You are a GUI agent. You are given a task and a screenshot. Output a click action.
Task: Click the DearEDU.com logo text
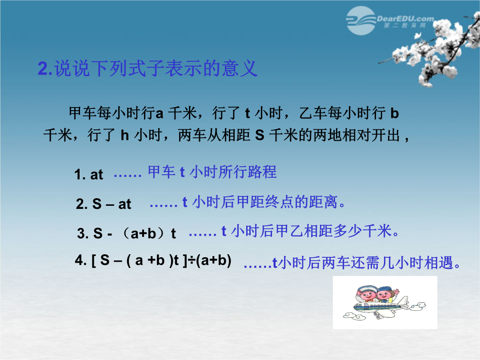pos(405,19)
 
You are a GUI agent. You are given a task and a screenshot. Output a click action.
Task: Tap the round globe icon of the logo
pos(361,20)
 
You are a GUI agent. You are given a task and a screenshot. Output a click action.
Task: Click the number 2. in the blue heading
pos(45,68)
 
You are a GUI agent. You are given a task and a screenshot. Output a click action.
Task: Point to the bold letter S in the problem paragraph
pos(260,135)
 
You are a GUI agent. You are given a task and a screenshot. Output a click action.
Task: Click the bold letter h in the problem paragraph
pos(124,135)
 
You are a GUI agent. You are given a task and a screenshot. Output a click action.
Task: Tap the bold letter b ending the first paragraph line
pos(394,113)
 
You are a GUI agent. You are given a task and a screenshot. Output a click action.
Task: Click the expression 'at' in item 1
pos(96,175)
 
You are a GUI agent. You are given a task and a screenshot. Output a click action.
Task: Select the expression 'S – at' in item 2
pos(112,204)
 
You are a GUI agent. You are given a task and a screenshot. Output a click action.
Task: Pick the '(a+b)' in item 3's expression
pos(144,233)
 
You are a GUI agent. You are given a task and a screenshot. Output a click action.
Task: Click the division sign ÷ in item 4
pos(191,261)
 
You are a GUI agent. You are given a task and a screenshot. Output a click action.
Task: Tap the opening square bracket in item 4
pos(94,260)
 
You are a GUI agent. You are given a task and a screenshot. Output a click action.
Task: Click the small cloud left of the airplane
pos(354,316)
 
